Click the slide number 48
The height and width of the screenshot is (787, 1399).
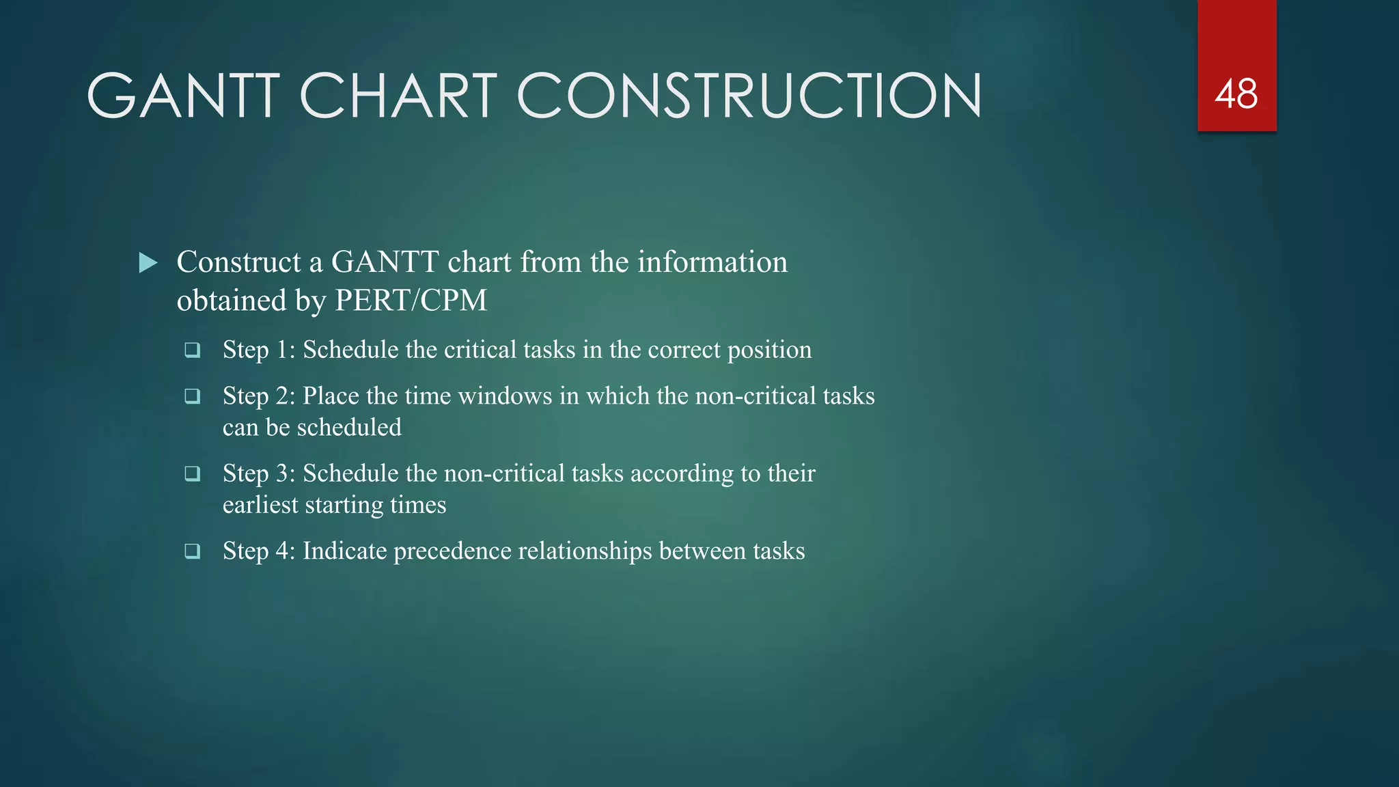pyautogui.click(x=1236, y=94)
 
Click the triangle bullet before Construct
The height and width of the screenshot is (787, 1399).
pyautogui.click(x=148, y=262)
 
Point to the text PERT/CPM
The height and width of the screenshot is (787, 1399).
pyautogui.click(x=411, y=301)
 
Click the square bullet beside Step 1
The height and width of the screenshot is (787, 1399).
pyautogui.click(x=193, y=350)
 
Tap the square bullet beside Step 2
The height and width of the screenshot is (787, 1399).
pyautogui.click(x=193, y=396)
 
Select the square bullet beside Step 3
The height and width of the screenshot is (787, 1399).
pyautogui.click(x=193, y=473)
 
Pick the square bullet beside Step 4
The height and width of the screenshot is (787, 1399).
pyautogui.click(x=193, y=551)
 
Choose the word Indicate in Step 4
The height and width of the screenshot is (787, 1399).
pyautogui.click(x=345, y=551)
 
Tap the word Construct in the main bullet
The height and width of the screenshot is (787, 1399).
pyautogui.click(x=238, y=262)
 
